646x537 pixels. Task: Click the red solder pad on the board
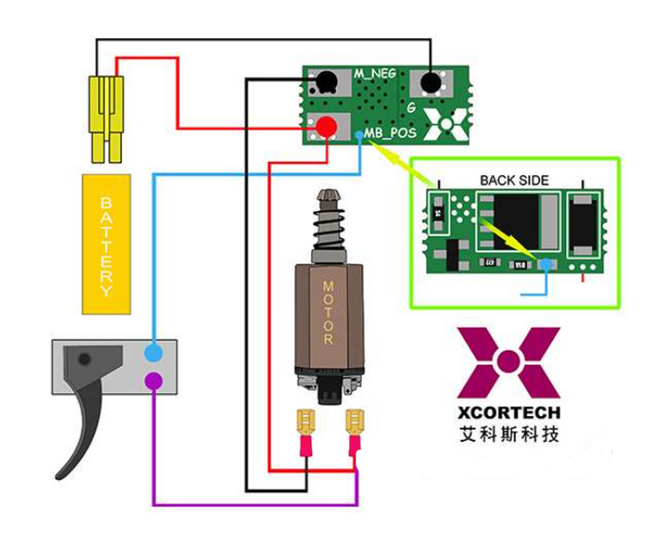click(326, 127)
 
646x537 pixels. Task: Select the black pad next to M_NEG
click(326, 81)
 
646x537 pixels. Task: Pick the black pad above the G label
click(430, 82)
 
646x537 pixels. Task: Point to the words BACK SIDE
click(514, 180)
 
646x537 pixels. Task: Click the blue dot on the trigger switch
click(153, 352)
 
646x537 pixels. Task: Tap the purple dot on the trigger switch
click(153, 380)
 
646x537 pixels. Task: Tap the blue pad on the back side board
click(547, 264)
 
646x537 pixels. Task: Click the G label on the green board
click(411, 107)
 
